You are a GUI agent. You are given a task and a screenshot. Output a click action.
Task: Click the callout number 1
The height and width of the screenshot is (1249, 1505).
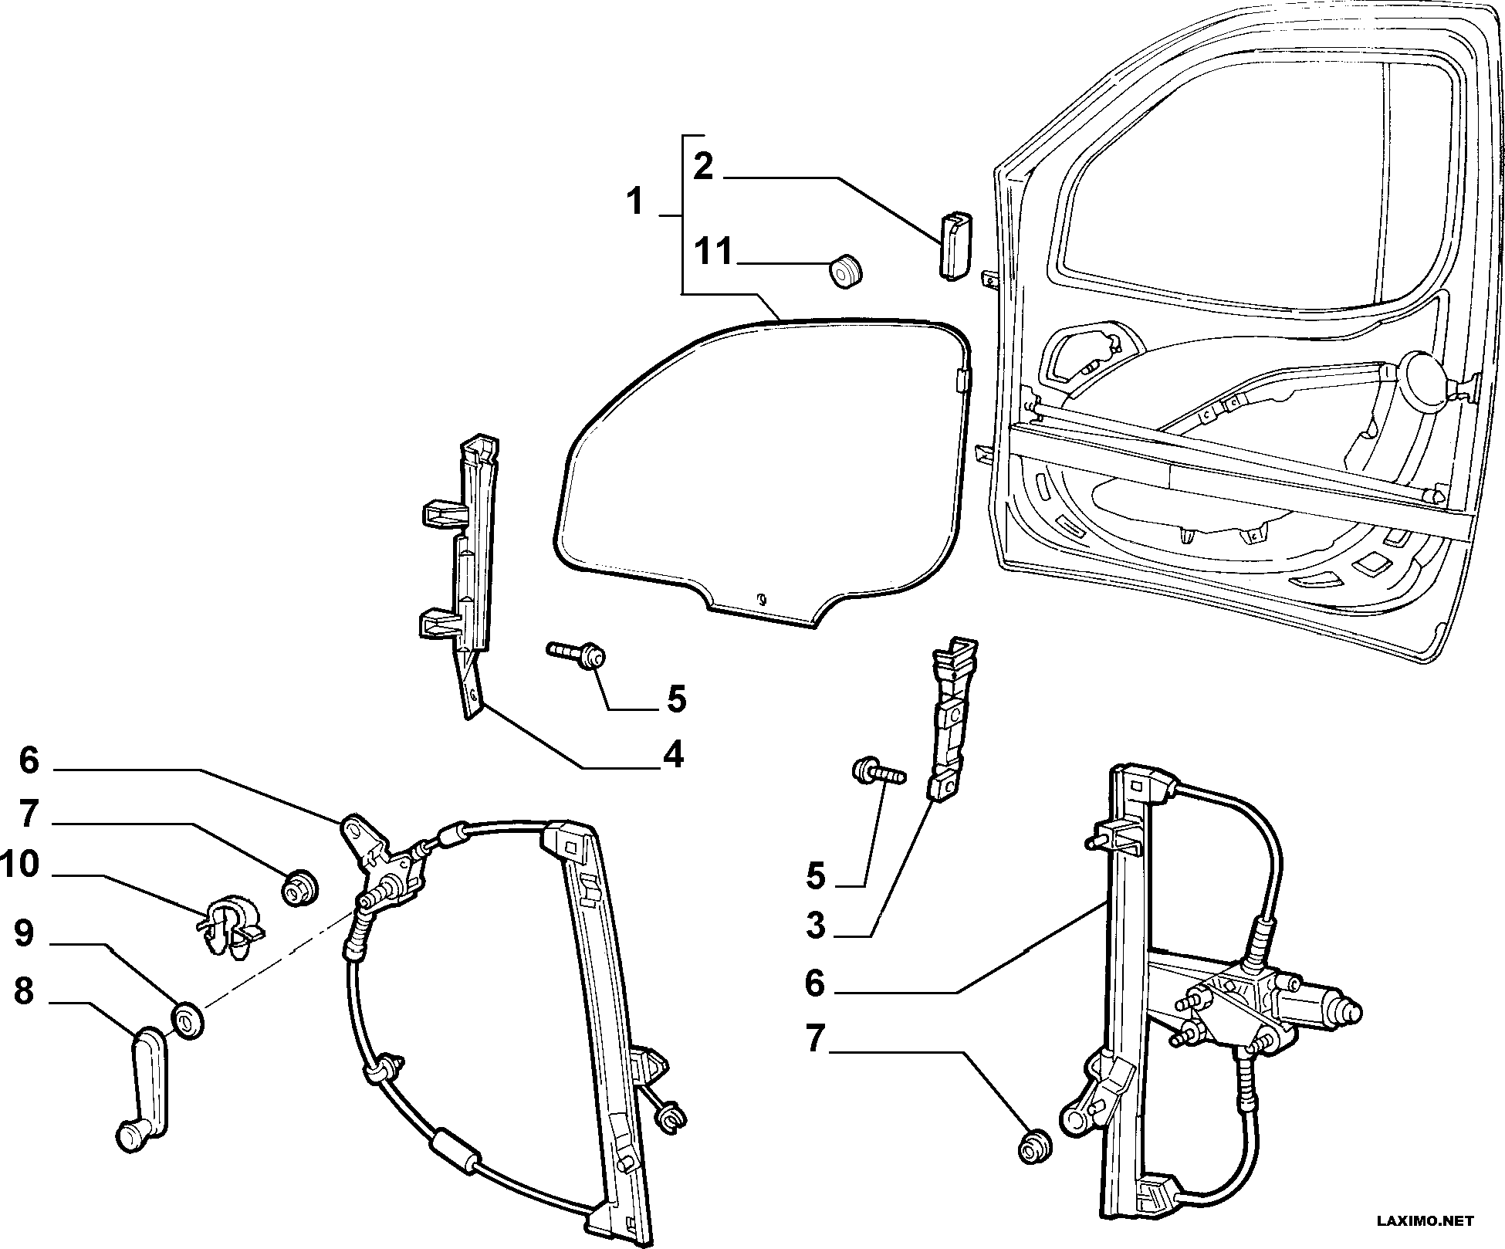[634, 202]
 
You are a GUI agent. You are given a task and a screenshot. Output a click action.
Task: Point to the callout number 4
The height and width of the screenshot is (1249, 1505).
[673, 754]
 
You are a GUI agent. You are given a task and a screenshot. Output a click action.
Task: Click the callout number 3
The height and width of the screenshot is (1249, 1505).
[816, 925]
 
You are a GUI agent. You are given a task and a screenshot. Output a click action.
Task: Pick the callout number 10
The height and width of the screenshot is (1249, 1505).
[20, 865]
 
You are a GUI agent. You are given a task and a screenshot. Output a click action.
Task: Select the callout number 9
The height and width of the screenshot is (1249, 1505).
[24, 933]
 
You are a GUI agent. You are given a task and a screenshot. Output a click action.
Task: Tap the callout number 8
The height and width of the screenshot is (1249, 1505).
[24, 992]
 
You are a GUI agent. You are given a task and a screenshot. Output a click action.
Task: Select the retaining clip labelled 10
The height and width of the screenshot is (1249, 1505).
[229, 923]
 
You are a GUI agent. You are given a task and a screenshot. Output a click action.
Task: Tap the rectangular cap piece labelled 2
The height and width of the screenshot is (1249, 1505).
[955, 243]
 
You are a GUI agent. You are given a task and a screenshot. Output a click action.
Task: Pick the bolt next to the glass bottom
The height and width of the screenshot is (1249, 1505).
[577, 654]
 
